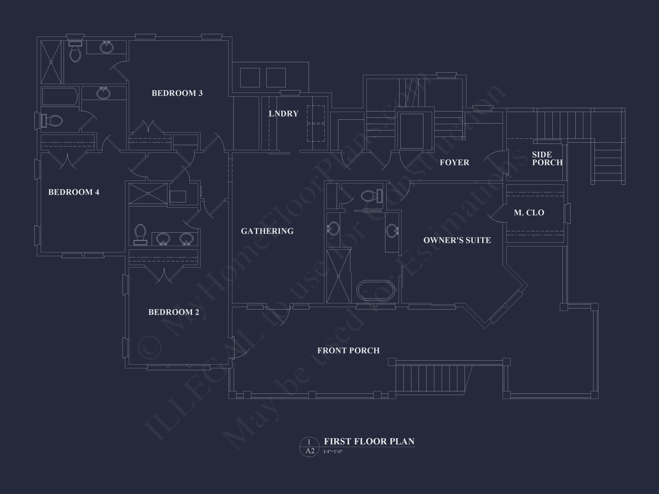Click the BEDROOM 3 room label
tap(177, 93)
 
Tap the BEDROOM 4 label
tap(74, 192)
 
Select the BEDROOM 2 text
tap(174, 312)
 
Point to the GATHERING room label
tap(267, 231)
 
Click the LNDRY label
tap(284, 113)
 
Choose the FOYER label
tap(454, 162)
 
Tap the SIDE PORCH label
tap(547, 158)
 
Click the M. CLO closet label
tap(529, 213)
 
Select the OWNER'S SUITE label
tap(457, 240)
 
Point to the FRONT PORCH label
tap(348, 350)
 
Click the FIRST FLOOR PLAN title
tap(369, 441)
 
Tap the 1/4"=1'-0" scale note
tap(333, 452)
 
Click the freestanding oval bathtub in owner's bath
tap(376, 290)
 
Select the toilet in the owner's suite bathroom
tap(371, 196)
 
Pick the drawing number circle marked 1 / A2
tap(309, 447)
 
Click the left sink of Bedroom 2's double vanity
tap(163, 239)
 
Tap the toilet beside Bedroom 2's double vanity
tap(140, 234)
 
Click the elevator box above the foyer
tap(412, 131)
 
